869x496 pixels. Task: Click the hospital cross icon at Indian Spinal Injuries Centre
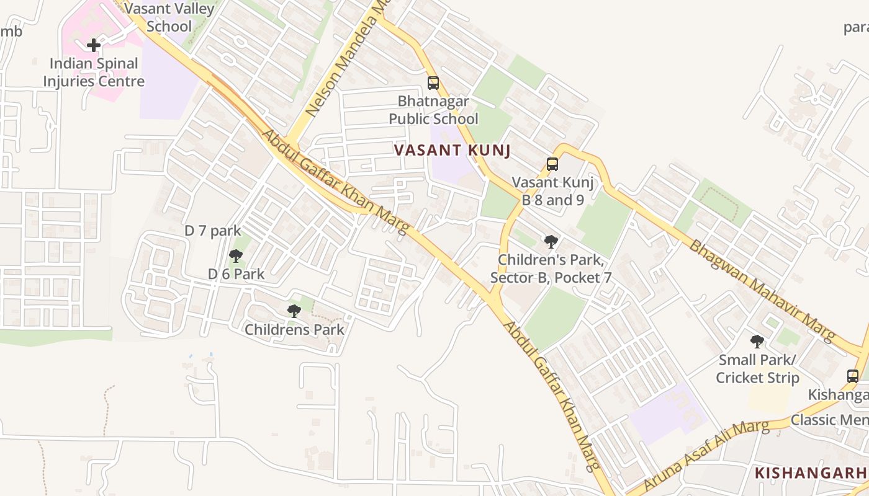pos(94,45)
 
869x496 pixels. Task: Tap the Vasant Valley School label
pos(169,17)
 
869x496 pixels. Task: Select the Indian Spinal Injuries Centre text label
pos(93,73)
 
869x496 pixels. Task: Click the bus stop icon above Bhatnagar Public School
pos(433,82)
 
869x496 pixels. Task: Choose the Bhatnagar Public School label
pos(433,110)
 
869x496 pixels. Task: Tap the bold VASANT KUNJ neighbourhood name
pos(452,150)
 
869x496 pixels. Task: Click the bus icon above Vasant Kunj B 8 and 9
pos(552,164)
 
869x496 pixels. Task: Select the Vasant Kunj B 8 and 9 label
pos(552,191)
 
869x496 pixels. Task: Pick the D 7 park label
pos(212,231)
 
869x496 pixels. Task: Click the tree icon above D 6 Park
pos(235,255)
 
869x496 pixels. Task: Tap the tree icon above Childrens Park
pos(294,311)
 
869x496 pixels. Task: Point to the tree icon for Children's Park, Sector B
pos(551,241)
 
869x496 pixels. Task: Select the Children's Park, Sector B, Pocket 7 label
pos(551,268)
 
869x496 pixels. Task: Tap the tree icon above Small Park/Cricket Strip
pos(757,341)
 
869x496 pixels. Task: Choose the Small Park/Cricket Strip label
pos(757,368)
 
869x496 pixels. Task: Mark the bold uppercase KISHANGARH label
pos(811,473)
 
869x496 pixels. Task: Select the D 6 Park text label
pos(236,274)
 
